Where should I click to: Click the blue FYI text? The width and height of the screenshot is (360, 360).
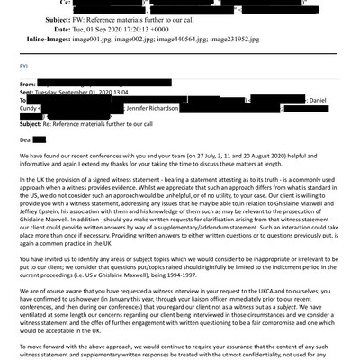point(24,65)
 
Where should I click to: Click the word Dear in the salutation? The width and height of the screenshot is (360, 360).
point(26,139)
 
